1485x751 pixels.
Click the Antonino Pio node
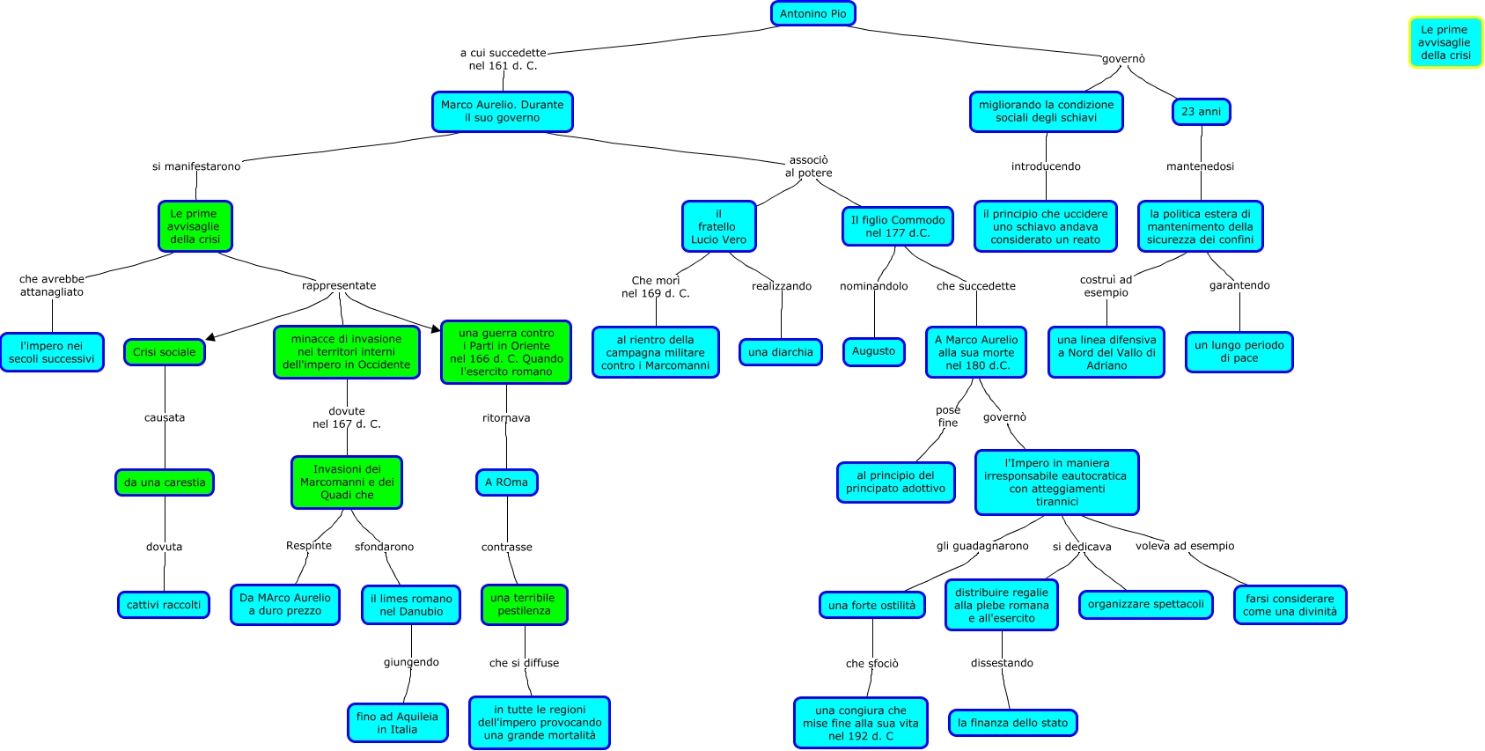tap(812, 14)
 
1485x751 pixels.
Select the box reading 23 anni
tap(1201, 112)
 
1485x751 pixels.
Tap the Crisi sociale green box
tap(165, 352)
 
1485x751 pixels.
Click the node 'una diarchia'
tap(781, 352)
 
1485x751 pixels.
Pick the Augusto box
tap(873, 351)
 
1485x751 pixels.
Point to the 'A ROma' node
tap(506, 482)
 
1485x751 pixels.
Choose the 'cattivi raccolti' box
tap(164, 605)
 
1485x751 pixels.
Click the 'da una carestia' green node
tap(165, 482)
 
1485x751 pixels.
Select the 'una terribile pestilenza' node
tap(524, 604)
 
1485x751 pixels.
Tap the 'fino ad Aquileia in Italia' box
tap(397, 723)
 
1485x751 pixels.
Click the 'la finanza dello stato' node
tap(1012, 723)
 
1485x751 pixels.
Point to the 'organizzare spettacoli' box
tap(1145, 604)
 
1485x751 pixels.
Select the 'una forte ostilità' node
tap(871, 605)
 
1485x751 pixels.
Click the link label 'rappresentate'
tap(339, 285)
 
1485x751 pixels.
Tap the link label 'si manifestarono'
tap(196, 166)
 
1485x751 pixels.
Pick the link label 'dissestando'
tap(1002, 663)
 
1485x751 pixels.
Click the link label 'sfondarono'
tap(384, 547)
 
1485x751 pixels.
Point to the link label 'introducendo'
tap(1046, 166)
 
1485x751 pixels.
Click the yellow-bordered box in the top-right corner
tap(1445, 42)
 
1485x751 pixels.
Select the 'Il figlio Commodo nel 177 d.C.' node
tap(898, 226)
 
